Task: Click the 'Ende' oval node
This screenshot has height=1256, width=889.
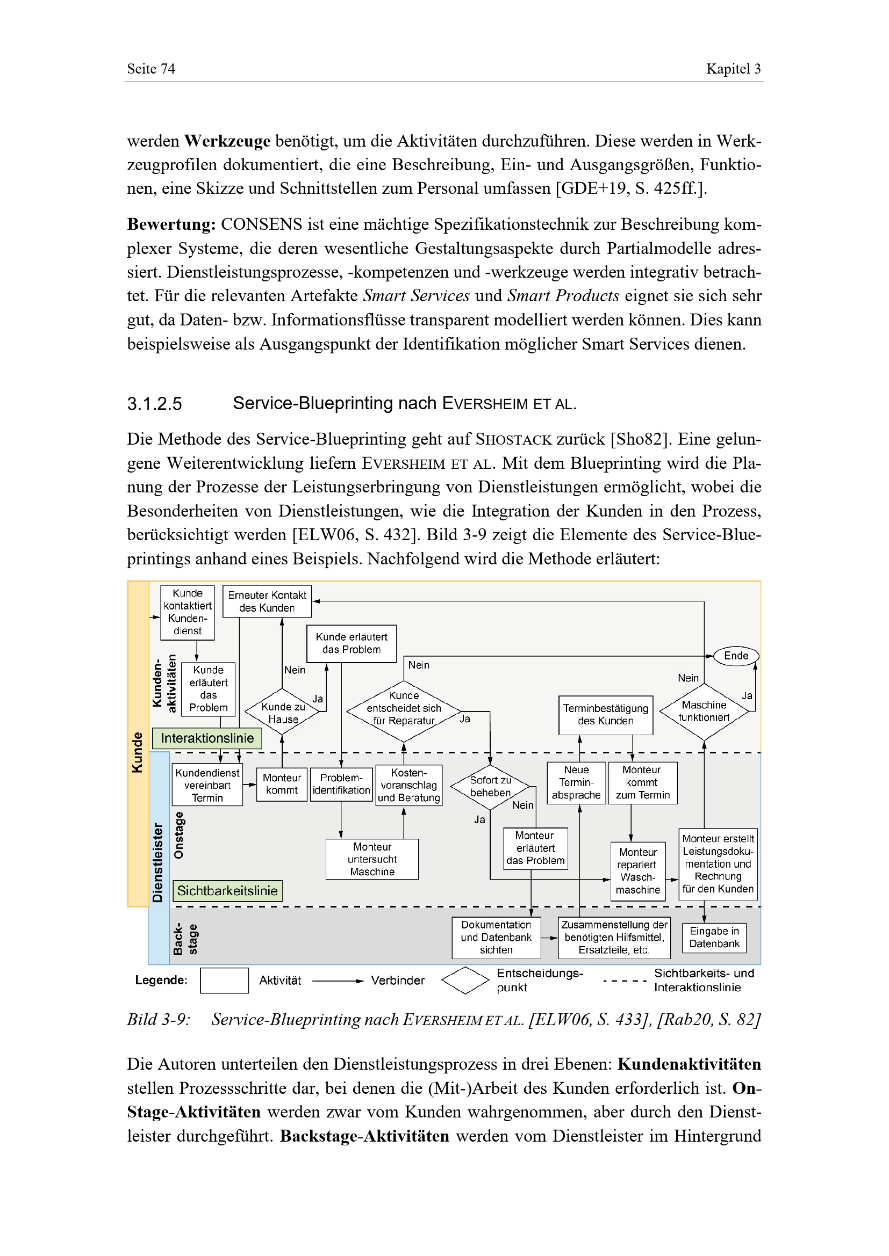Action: tap(736, 655)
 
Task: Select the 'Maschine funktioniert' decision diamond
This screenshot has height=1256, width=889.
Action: tap(704, 711)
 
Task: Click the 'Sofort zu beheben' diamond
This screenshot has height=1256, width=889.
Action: tap(490, 787)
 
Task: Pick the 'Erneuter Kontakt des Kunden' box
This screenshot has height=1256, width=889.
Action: tap(267, 601)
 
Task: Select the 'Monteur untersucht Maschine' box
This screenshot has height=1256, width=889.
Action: tap(372, 859)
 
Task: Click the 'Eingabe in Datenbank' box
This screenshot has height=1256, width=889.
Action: tap(714, 937)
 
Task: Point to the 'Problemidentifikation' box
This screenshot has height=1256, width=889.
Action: tap(341, 784)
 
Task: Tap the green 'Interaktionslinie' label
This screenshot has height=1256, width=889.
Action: tap(207, 738)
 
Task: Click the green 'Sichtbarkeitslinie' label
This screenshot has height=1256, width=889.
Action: tap(227, 890)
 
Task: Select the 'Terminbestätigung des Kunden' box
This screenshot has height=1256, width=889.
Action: tap(605, 714)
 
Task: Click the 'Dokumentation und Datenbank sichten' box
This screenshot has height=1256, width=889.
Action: tap(496, 937)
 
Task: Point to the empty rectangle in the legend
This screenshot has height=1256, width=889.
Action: tap(224, 981)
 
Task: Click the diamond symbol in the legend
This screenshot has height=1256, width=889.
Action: tap(465, 981)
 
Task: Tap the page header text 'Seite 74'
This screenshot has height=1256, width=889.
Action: tap(151, 69)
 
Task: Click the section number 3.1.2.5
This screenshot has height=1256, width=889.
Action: tap(154, 404)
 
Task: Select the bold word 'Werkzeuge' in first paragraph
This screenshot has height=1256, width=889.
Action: tap(227, 141)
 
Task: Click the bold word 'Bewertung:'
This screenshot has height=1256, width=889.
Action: tap(171, 224)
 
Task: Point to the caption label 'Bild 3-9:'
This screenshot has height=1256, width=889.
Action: tap(159, 1020)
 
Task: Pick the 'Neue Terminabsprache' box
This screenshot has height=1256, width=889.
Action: tap(576, 783)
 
